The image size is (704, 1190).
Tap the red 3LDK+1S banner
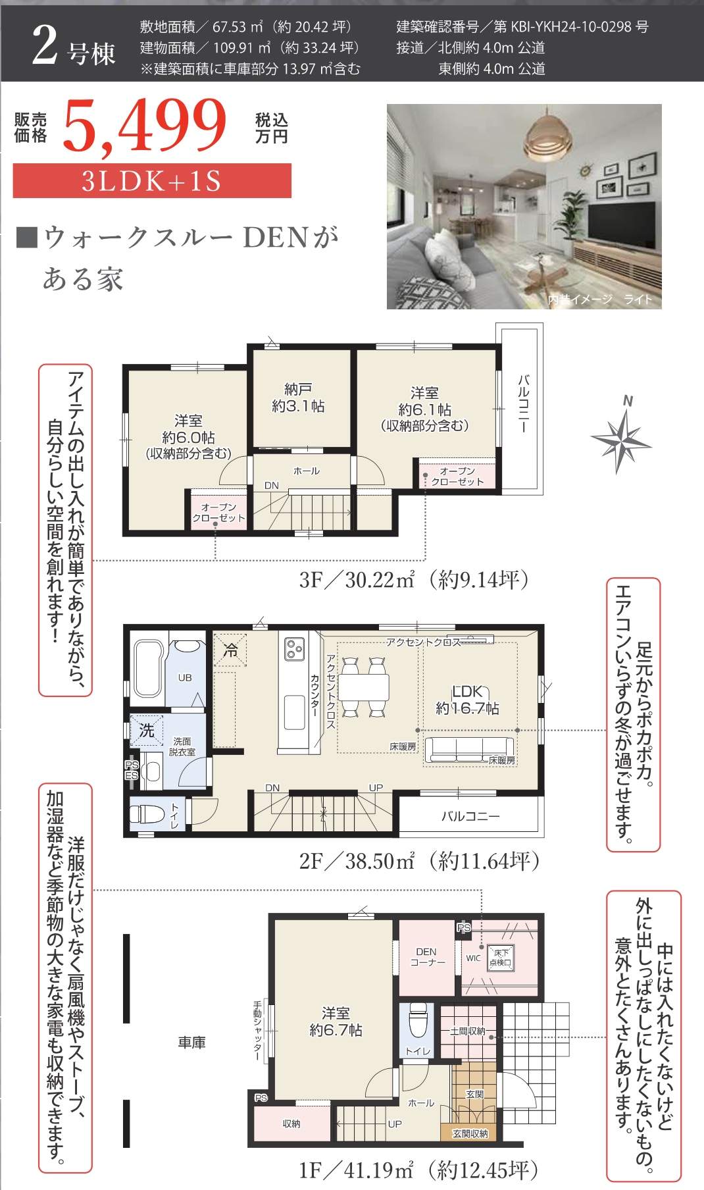coord(152,180)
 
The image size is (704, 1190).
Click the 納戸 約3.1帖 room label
coord(298,398)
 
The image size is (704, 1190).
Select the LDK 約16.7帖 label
coord(467,700)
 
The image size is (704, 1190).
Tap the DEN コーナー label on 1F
coord(426,956)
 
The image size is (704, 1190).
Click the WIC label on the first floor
coord(474,958)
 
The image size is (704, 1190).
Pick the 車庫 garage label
coord(191,1042)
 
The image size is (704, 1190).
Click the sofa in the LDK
coord(470,750)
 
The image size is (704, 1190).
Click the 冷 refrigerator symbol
coord(230,650)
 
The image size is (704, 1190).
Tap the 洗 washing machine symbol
coord(146,730)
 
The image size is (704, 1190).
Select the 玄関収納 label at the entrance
coord(470,1133)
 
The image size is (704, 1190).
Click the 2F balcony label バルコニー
coord(470,816)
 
